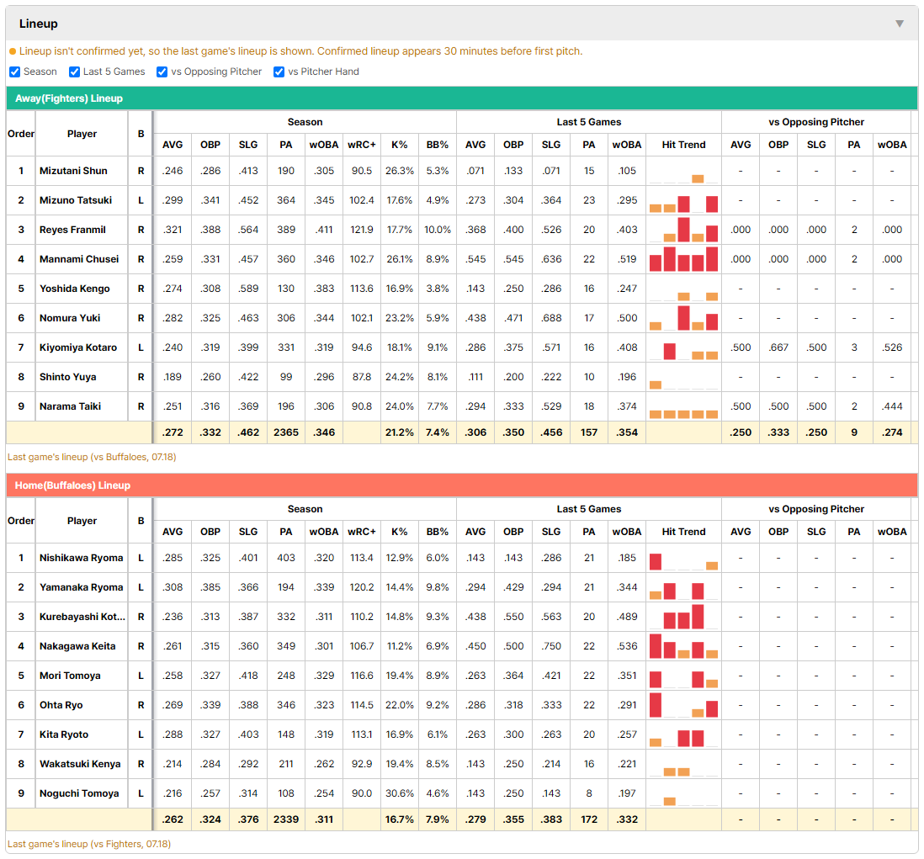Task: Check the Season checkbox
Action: tap(15, 72)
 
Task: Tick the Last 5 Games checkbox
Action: tap(74, 72)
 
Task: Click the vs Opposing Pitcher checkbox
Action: tap(162, 72)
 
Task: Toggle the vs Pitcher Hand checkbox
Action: tap(279, 72)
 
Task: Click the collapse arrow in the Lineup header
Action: tap(900, 24)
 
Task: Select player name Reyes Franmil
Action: tap(72, 230)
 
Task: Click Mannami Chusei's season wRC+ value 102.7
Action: tap(362, 259)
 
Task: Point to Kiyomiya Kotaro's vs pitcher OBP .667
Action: tap(778, 347)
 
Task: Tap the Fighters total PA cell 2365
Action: tap(286, 432)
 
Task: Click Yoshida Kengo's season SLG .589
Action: tap(248, 289)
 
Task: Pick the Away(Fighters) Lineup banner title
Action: tap(69, 98)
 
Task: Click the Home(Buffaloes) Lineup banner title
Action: tap(72, 485)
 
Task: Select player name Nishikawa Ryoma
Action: tap(82, 558)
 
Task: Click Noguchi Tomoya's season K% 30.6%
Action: tap(400, 793)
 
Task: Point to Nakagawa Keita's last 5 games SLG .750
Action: tap(551, 646)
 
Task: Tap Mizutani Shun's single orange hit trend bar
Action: tap(698, 178)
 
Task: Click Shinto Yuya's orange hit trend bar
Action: tap(656, 385)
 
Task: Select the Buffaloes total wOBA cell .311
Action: tap(323, 819)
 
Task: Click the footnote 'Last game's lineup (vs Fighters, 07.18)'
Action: tap(89, 844)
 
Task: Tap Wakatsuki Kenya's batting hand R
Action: tap(141, 764)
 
